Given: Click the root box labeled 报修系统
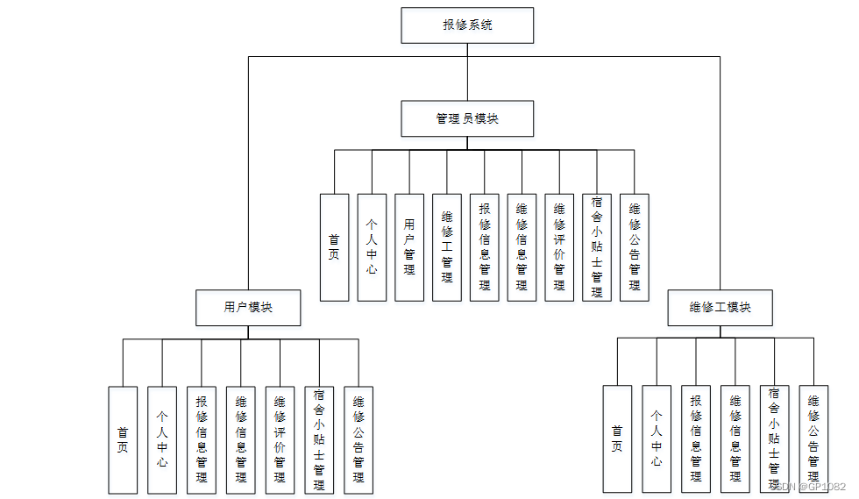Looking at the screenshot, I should (x=467, y=25).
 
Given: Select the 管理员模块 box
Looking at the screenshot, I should (x=467, y=118).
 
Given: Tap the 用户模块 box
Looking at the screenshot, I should (x=248, y=308).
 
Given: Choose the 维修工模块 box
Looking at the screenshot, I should (x=720, y=308).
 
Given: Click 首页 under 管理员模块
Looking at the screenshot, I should (x=334, y=247).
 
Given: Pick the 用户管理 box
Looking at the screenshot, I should (x=409, y=247).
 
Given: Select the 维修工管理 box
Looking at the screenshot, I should (x=447, y=247).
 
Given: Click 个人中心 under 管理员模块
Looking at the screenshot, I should (x=372, y=247).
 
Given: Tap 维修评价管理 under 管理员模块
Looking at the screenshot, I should (x=559, y=247).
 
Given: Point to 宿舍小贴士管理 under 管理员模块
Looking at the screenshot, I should (x=597, y=247).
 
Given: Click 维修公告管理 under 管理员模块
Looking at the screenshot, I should (x=635, y=247).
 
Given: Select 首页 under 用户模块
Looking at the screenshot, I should (x=123, y=439).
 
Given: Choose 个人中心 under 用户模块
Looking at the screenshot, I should (x=162, y=439).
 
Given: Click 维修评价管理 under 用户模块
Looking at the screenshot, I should (x=280, y=439).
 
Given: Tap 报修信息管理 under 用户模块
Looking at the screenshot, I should (x=202, y=439).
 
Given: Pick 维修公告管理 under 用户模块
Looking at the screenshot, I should (x=359, y=439).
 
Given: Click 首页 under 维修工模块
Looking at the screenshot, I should (x=617, y=438).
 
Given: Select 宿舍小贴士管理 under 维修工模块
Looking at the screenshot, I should (x=774, y=438).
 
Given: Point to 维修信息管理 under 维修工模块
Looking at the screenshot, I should (x=735, y=438).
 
